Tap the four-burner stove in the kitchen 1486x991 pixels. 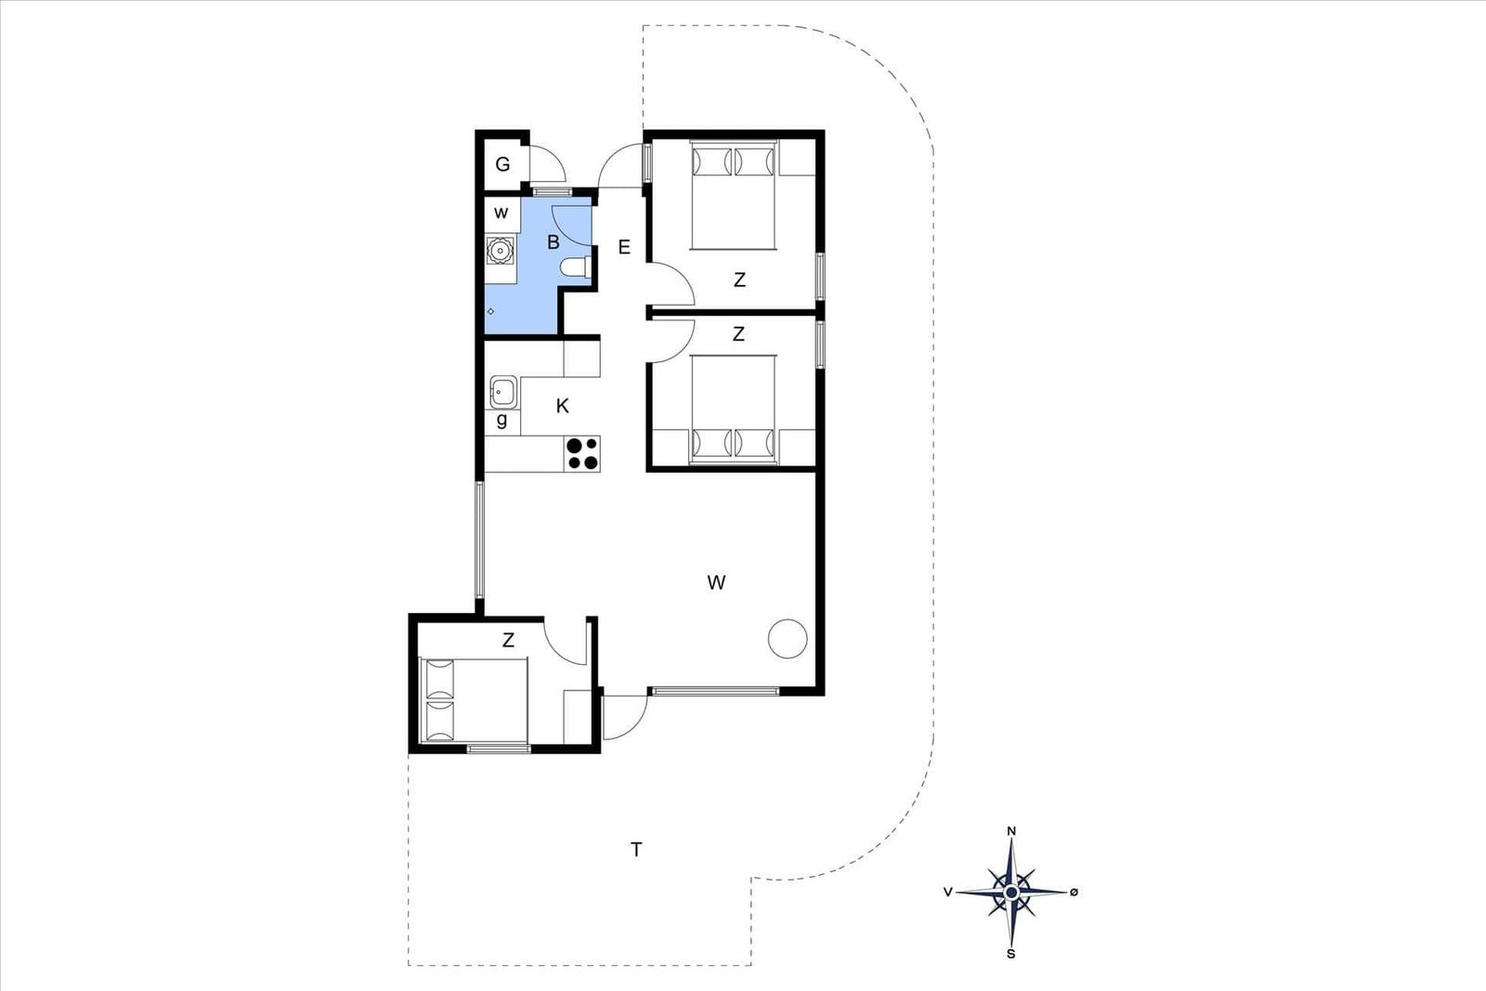(x=581, y=454)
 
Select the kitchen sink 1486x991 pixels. (x=503, y=392)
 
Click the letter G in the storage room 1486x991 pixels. (x=502, y=163)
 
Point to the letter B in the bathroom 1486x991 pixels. (x=554, y=242)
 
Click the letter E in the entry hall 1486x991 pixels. (x=623, y=247)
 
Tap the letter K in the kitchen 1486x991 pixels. (x=563, y=406)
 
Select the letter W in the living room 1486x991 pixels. (x=716, y=582)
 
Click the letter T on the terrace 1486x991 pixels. (x=636, y=849)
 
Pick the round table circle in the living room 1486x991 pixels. (x=788, y=638)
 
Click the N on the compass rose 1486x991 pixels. (x=1011, y=831)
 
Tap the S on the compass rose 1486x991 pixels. (x=1011, y=955)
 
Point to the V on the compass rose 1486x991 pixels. (x=948, y=893)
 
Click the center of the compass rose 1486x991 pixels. (x=1011, y=893)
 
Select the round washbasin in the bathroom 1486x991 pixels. (x=500, y=251)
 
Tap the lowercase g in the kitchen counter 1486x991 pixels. (x=502, y=420)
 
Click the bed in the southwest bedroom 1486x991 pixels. (x=475, y=699)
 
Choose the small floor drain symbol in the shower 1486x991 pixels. (x=491, y=311)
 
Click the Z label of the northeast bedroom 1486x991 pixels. (x=739, y=280)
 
